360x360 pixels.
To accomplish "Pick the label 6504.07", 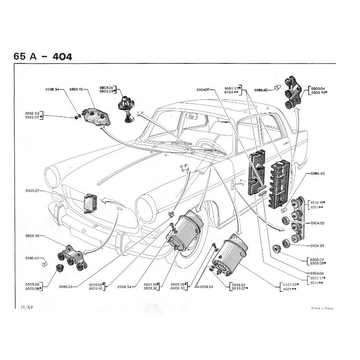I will pos(203,90).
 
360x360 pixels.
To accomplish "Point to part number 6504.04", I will pos(317,273).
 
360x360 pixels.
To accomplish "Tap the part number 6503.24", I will pos(106,87).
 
